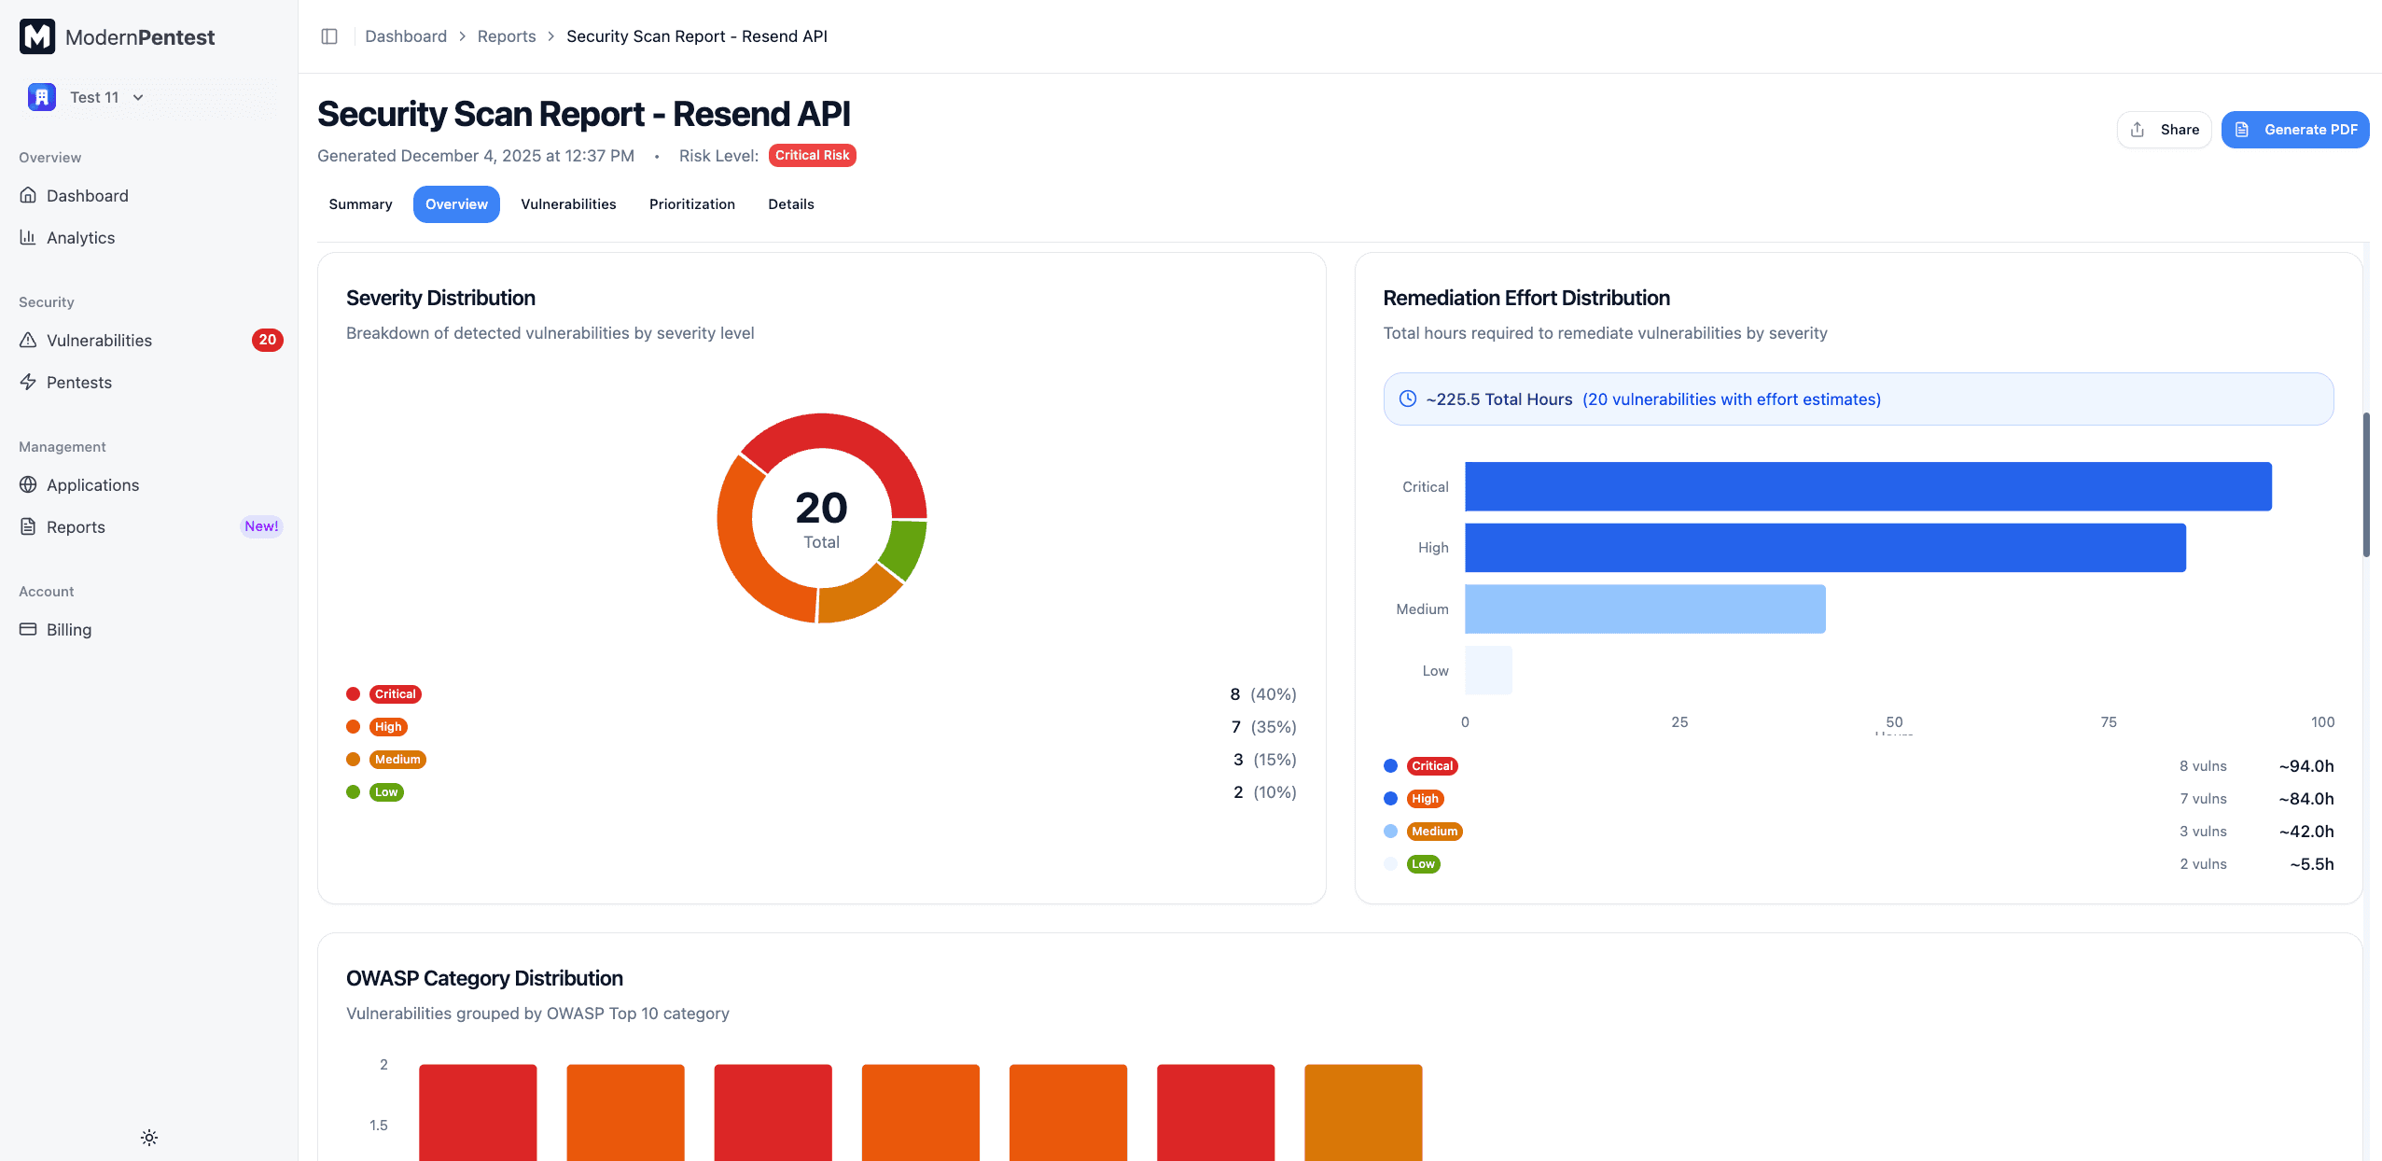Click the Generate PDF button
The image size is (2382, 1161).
[x=2294, y=130]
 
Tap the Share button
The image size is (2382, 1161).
[x=2164, y=130]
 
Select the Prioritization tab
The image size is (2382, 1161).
[x=691, y=204]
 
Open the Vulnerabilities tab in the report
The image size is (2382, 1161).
[x=568, y=204]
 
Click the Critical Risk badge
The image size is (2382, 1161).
[x=812, y=155]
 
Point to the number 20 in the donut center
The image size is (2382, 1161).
[x=821, y=508]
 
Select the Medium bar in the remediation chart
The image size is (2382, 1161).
[x=1644, y=609]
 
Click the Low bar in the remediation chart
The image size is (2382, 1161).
[x=1488, y=670]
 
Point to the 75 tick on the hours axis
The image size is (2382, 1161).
[x=2108, y=722]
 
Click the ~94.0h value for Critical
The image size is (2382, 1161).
[x=2305, y=766]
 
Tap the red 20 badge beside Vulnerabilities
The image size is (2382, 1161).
[x=267, y=340]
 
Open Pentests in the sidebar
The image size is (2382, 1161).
[x=79, y=383]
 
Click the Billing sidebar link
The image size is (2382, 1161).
[x=69, y=630]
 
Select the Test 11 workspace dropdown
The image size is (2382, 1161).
[x=93, y=97]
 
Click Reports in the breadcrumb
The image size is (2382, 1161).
[x=507, y=36]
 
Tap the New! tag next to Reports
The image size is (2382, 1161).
[x=261, y=526]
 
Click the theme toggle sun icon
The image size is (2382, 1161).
[x=149, y=1138]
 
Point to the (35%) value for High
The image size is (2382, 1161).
[x=1274, y=727]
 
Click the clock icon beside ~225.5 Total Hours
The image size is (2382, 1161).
[x=1407, y=399]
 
